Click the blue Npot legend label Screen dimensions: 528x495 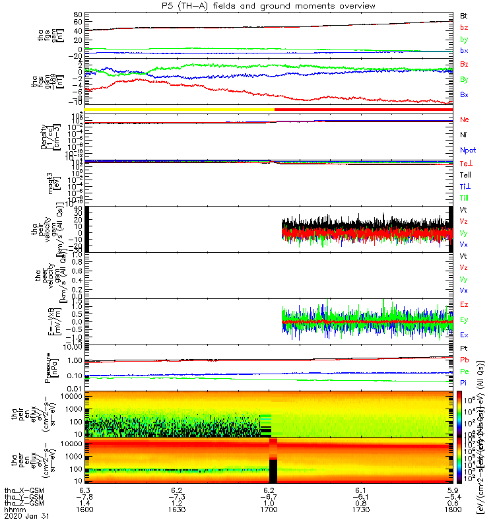(x=467, y=150)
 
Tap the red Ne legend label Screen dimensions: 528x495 (x=464, y=120)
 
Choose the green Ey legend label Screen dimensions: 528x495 (x=464, y=319)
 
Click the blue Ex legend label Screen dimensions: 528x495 (x=464, y=335)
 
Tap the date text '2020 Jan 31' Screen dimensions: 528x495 (x=22, y=519)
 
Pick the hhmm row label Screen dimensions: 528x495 (x=12, y=511)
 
